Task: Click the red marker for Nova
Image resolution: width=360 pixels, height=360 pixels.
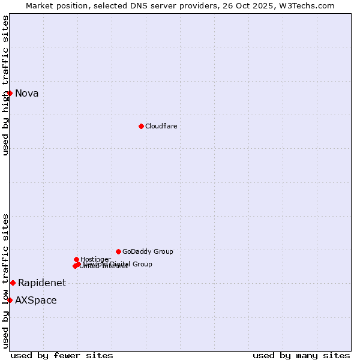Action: click(x=10, y=93)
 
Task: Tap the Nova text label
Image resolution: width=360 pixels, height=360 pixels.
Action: click(x=27, y=93)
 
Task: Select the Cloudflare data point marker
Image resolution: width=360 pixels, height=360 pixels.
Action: click(x=141, y=126)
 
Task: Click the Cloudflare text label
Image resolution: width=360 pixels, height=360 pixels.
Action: click(x=161, y=126)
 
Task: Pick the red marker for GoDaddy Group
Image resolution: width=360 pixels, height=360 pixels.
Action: click(x=118, y=251)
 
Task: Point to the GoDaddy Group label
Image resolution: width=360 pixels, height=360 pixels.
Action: click(x=148, y=251)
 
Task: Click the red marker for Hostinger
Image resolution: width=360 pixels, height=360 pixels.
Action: click(x=76, y=259)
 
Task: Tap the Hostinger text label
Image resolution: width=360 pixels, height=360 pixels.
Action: click(x=95, y=259)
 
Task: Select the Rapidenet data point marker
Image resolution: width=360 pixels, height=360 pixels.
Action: click(x=13, y=283)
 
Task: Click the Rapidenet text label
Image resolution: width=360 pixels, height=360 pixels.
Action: click(x=42, y=283)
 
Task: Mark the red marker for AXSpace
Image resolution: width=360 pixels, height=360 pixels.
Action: click(x=10, y=300)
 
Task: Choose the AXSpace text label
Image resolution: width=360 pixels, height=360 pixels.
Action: click(x=36, y=300)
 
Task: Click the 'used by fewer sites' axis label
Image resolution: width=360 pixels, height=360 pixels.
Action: click(x=62, y=355)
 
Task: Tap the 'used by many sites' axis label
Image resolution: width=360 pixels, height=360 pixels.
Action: click(x=301, y=355)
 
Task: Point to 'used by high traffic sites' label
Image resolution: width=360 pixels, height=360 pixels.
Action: click(x=5, y=85)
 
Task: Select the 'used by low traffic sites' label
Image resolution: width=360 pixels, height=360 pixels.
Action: click(x=5, y=280)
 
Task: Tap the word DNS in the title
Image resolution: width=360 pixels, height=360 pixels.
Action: click(x=134, y=5)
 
